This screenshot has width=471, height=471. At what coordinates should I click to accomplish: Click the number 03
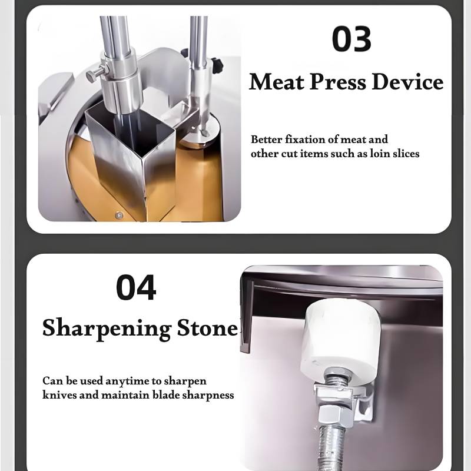pyautogui.click(x=351, y=39)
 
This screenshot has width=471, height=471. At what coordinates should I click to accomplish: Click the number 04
pyautogui.click(x=136, y=287)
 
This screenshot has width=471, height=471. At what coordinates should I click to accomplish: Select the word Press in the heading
pyautogui.click(x=338, y=82)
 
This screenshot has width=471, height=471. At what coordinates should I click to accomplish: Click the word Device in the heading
pyautogui.click(x=407, y=82)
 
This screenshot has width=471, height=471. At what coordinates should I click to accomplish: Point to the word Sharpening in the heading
pyautogui.click(x=107, y=329)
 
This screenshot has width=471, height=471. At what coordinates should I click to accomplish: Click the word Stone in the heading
pyautogui.click(x=207, y=328)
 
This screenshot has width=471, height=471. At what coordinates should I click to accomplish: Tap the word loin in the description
pyautogui.click(x=380, y=154)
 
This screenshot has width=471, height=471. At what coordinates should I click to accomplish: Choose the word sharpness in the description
pyautogui.click(x=208, y=395)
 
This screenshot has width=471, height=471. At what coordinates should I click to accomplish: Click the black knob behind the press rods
pyautogui.click(x=218, y=64)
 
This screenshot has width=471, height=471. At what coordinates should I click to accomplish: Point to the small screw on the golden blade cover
pyautogui.click(x=119, y=215)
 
